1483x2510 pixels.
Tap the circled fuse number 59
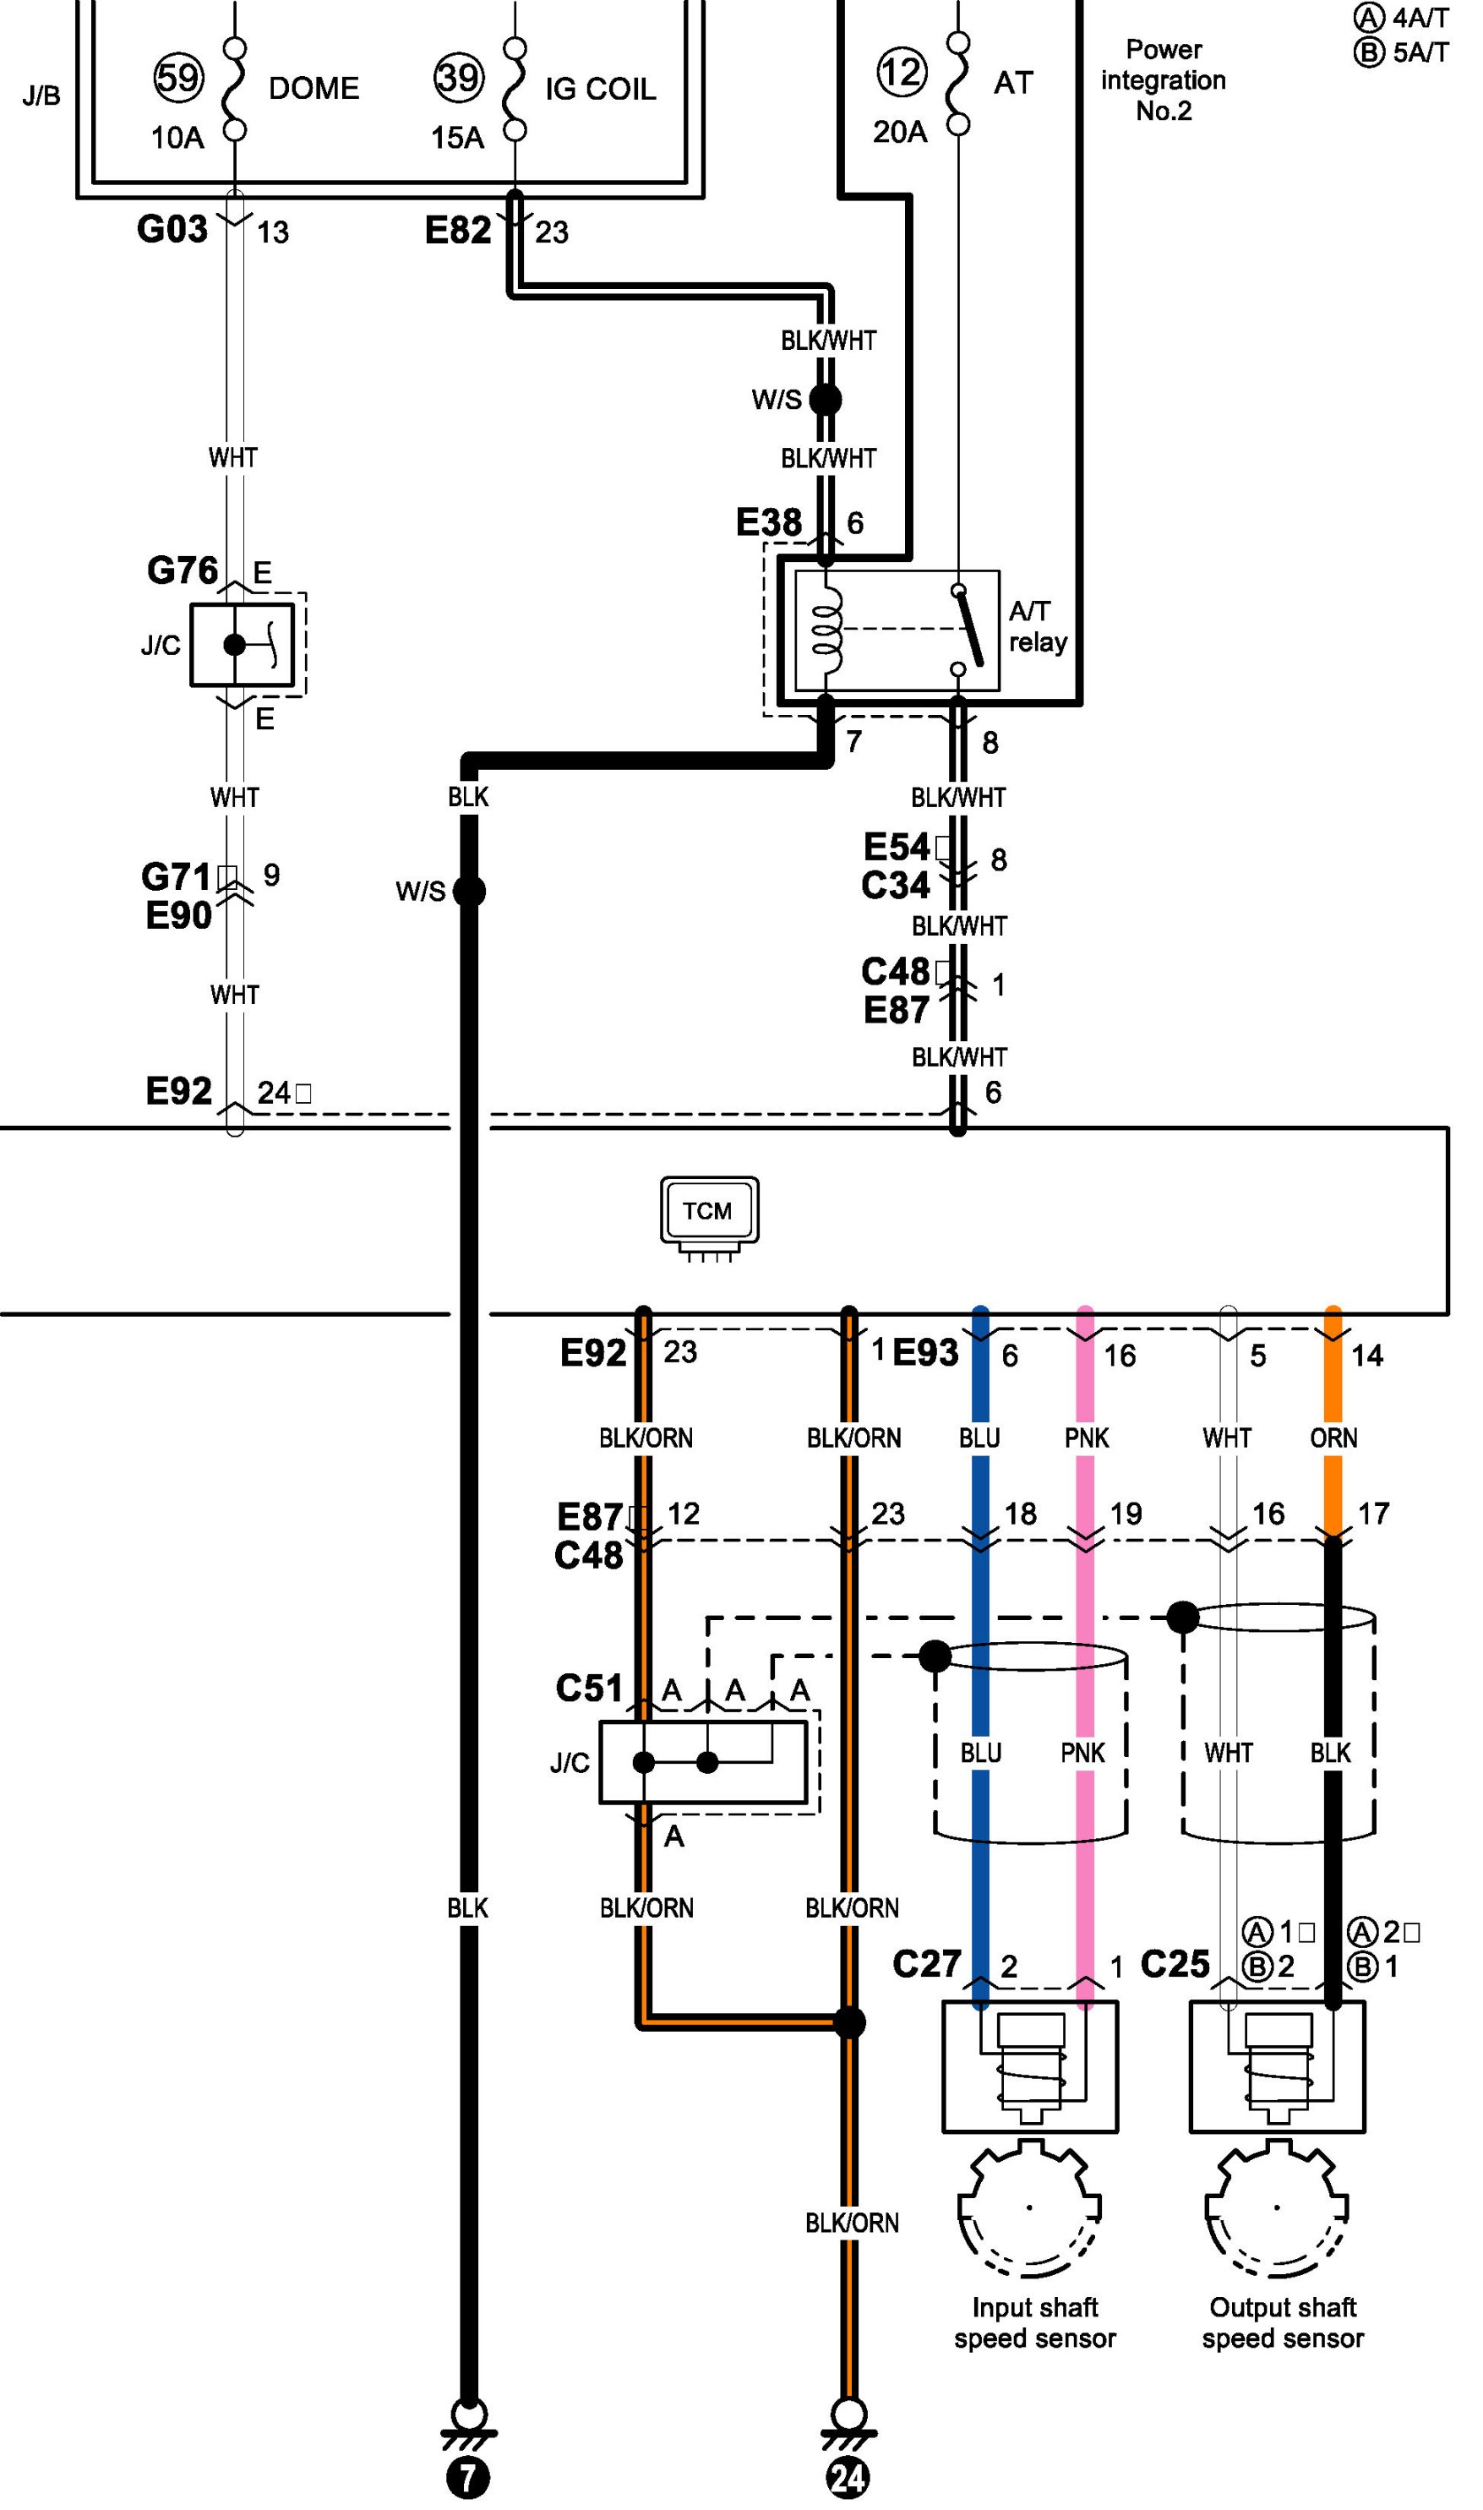[179, 77]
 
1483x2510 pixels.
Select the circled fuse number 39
[459, 77]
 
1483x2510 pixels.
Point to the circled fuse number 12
[902, 72]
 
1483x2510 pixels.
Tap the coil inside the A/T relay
[827, 630]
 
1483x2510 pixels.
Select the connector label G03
[172, 229]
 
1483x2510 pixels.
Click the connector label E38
[768, 521]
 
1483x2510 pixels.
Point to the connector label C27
[926, 1963]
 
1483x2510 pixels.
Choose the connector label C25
[1175, 1963]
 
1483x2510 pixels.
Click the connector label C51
[589, 1688]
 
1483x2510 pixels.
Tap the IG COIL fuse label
[601, 89]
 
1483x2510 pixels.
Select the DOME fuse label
[314, 88]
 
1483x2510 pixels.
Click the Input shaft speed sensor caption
[1035, 2323]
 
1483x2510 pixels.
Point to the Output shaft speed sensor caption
[1283, 2323]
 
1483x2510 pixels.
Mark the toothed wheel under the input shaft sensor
[1029, 2208]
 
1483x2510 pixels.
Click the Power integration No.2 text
[1164, 80]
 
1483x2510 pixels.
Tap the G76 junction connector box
[242, 645]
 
